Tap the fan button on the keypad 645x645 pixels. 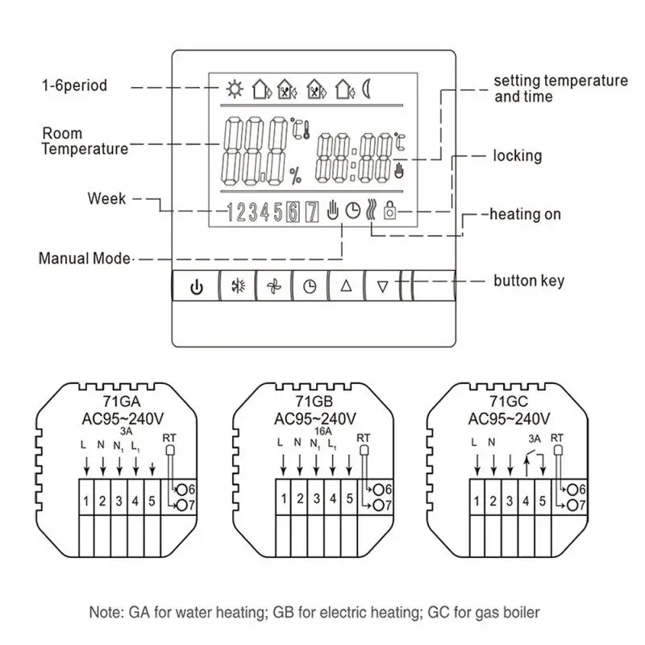[x=274, y=286]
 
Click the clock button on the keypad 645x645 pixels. [x=310, y=286]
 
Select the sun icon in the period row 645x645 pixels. [x=235, y=89]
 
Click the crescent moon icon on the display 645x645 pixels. [x=366, y=89]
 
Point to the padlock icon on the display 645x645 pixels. [x=389, y=210]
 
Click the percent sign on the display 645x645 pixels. [x=295, y=176]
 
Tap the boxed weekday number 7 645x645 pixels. [x=312, y=212]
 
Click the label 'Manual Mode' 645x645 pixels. [x=85, y=258]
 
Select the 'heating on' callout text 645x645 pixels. [x=526, y=214]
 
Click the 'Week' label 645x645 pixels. [x=106, y=198]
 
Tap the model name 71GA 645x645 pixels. [x=122, y=401]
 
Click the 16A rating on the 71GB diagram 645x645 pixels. [x=323, y=431]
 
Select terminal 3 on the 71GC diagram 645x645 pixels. [x=510, y=501]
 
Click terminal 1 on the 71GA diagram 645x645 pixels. [x=86, y=501]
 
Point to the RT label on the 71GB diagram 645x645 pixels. [x=364, y=438]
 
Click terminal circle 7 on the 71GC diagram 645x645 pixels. [x=572, y=506]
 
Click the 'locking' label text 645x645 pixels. [x=518, y=156]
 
